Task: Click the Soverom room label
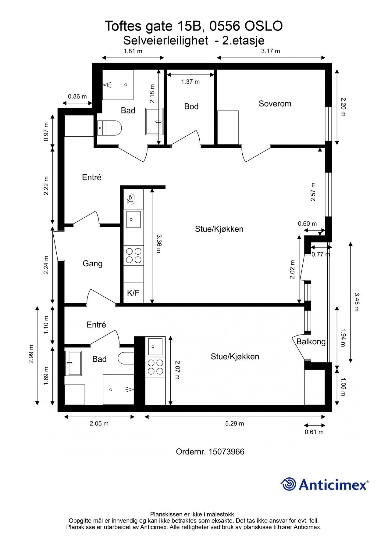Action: click(275, 104)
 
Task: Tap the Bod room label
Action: click(191, 106)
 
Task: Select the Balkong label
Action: click(311, 342)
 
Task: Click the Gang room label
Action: click(92, 264)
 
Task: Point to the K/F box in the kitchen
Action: click(133, 293)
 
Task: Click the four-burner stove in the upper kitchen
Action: click(133, 256)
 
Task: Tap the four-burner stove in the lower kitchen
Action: click(155, 367)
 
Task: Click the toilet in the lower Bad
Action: click(126, 358)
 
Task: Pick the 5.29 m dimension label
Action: click(235, 424)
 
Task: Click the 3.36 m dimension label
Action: click(159, 244)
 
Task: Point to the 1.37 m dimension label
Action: click(190, 82)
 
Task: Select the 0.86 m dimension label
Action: click(77, 97)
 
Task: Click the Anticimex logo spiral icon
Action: click(288, 484)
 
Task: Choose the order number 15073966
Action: click(226, 451)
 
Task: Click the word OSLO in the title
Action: click(264, 26)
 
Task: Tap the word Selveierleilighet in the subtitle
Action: click(166, 40)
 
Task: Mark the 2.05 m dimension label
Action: click(99, 424)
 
